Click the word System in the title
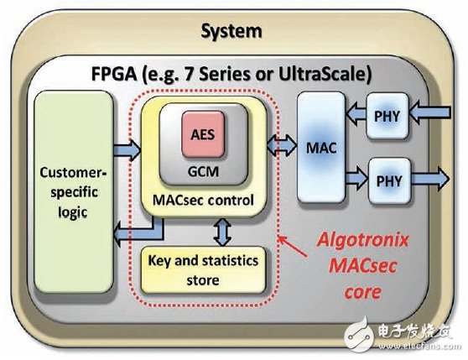231,32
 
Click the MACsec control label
201,198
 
